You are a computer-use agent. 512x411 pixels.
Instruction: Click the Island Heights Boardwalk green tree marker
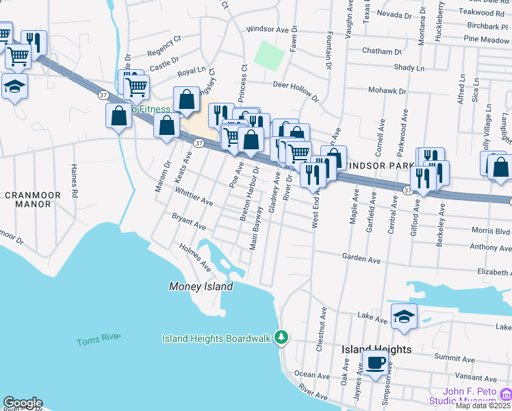click(281, 337)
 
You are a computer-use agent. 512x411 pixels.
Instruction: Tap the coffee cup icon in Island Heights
click(375, 362)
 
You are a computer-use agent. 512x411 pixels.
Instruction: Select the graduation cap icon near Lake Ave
click(404, 316)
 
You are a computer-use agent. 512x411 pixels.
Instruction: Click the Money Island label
click(201, 286)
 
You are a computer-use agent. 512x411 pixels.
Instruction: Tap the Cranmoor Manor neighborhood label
click(33, 200)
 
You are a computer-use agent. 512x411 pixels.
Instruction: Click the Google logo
click(22, 403)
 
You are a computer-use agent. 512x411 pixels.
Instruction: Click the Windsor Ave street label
click(268, 29)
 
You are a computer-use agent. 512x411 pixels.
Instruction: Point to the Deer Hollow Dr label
click(296, 90)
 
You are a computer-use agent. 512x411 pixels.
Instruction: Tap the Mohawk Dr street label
click(388, 90)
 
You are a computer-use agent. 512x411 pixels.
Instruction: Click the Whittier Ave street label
click(194, 199)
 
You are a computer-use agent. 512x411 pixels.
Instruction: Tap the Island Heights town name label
click(376, 349)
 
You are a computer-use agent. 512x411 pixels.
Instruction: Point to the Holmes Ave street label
click(195, 257)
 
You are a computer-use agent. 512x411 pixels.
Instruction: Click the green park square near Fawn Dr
click(269, 54)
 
